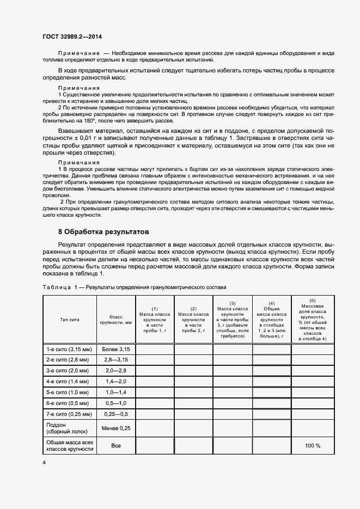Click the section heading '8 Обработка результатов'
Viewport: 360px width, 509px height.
103,232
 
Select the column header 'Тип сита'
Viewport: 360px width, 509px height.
70,320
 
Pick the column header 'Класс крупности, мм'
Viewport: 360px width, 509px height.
116,320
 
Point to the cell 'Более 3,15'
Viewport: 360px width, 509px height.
116,349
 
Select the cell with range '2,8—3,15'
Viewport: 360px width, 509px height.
116,360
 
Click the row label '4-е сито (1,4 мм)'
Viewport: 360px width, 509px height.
69,382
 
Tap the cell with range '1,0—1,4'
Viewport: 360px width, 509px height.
116,393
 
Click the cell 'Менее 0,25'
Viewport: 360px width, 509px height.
116,428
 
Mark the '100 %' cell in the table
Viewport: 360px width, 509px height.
313,446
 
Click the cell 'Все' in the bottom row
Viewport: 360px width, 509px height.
116,446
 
